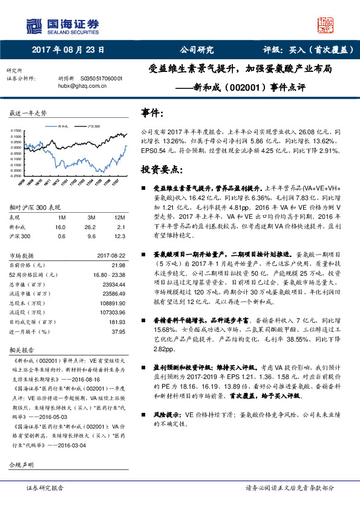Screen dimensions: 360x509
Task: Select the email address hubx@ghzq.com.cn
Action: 81,86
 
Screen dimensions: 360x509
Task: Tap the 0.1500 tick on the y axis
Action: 16,131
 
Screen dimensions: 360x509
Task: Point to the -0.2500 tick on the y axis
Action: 16,175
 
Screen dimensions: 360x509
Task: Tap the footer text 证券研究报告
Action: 45,487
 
